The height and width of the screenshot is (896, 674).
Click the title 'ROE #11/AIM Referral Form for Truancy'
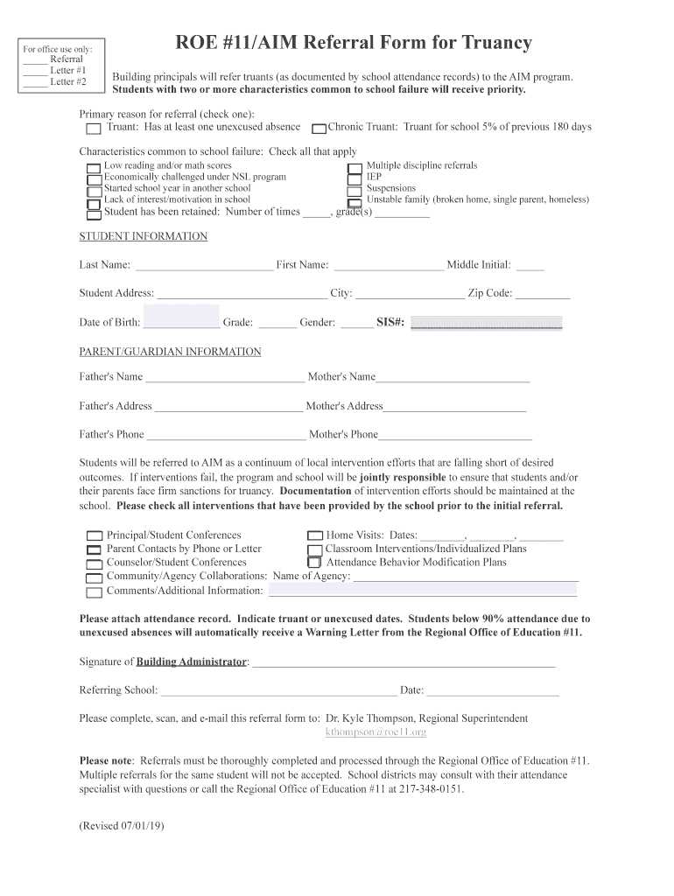click(354, 43)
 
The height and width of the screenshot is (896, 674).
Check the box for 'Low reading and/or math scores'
click(94, 167)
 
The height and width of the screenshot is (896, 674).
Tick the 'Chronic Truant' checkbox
click(319, 129)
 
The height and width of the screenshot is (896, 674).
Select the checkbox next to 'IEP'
click(355, 178)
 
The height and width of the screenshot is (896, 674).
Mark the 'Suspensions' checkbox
click(355, 190)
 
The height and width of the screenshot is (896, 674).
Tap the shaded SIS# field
click(486, 323)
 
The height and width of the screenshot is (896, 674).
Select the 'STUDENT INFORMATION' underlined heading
click(144, 236)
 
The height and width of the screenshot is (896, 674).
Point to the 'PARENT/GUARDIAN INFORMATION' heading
click(170, 352)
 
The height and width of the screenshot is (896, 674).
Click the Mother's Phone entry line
click(455, 436)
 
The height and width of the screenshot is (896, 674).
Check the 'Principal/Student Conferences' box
click(94, 535)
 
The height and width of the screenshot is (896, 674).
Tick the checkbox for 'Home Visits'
click(315, 535)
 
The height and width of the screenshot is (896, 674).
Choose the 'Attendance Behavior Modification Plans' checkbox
click(315, 563)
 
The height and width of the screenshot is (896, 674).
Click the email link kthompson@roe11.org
click(376, 732)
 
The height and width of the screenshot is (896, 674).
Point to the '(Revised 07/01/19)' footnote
click(122, 826)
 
